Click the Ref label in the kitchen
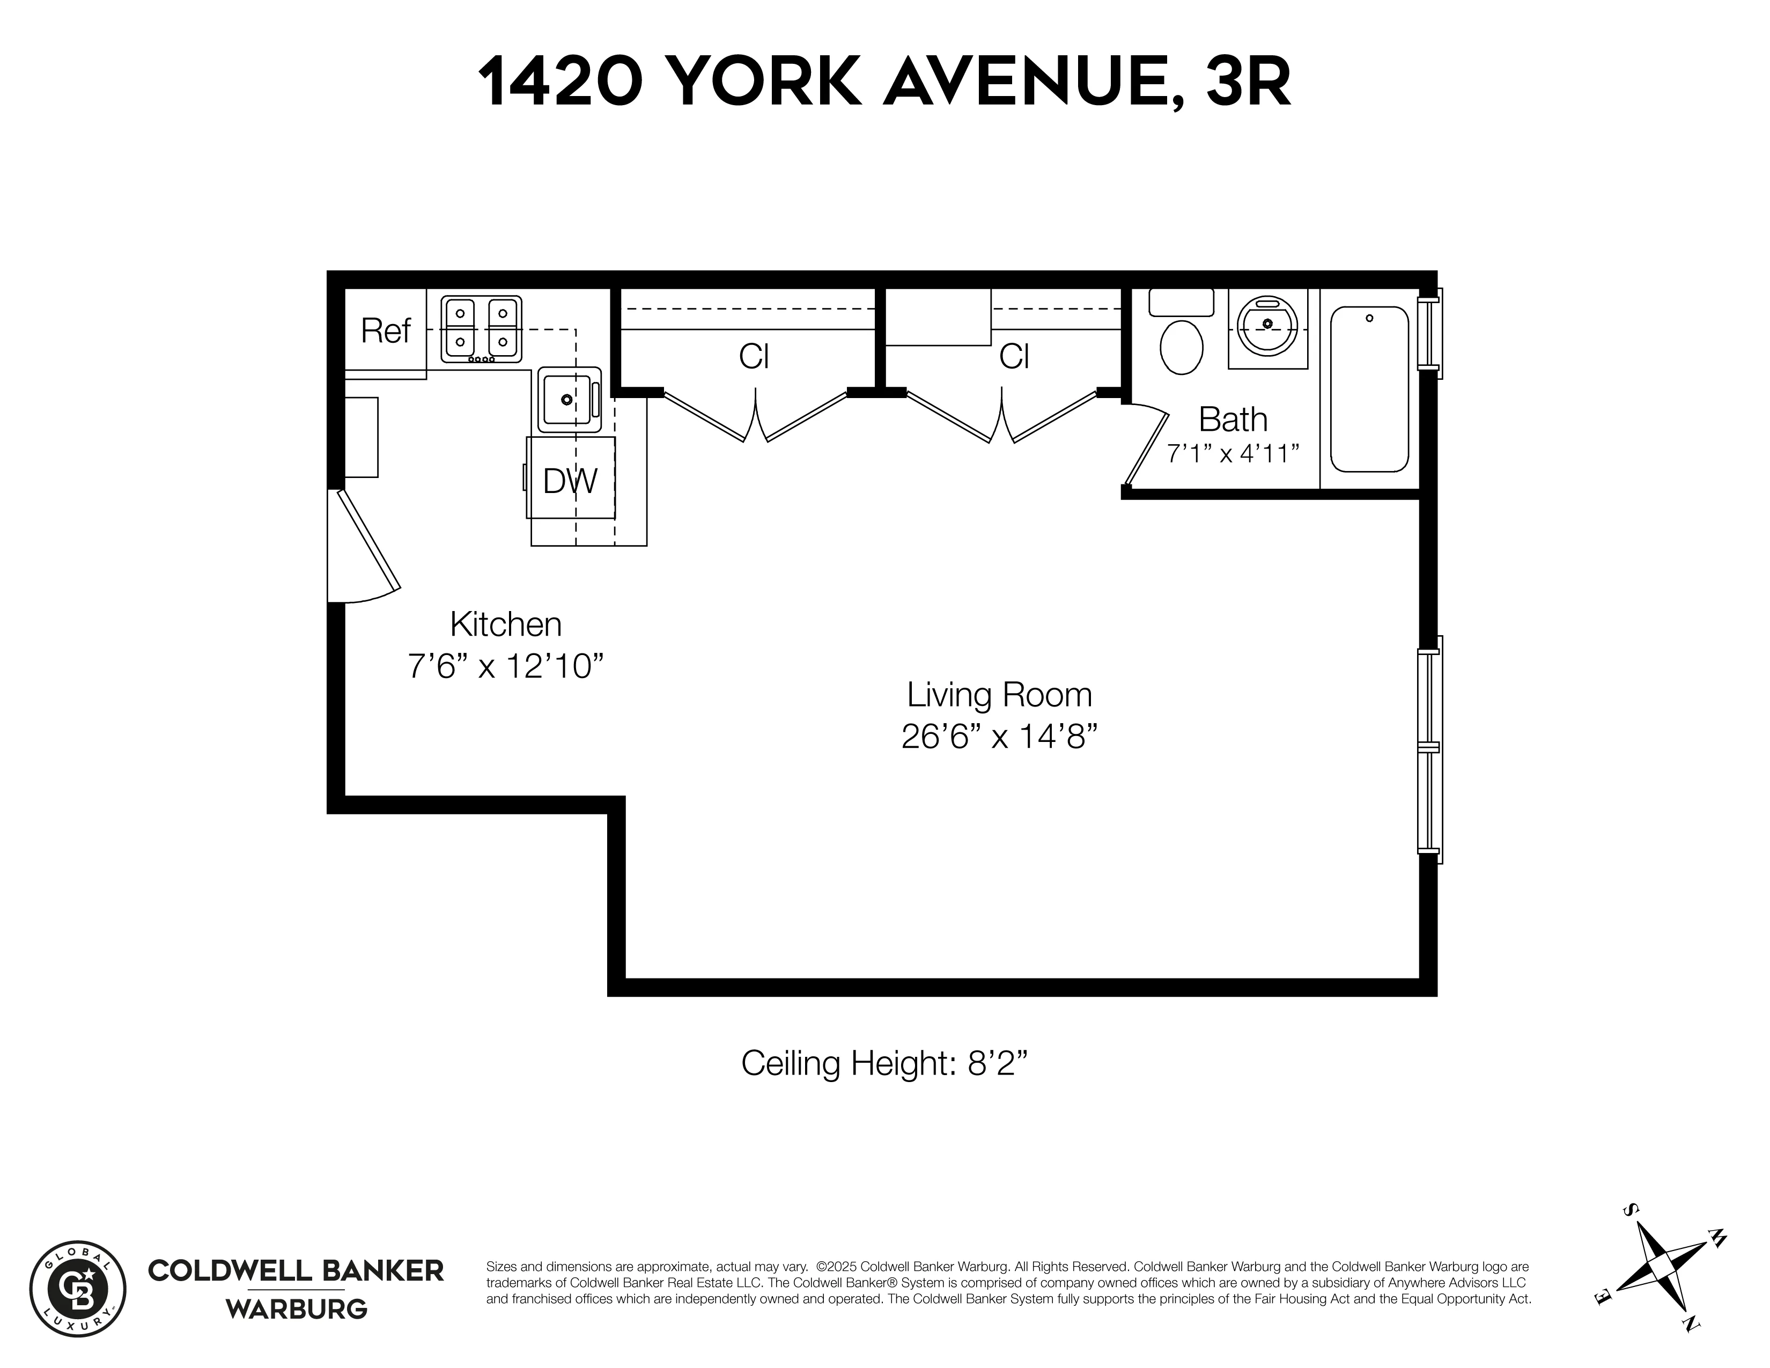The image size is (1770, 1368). (386, 332)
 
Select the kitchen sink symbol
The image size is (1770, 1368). (569, 400)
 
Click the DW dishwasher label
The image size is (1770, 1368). (570, 481)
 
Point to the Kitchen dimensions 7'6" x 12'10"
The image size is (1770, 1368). (506, 666)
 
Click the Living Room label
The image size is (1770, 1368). (999, 695)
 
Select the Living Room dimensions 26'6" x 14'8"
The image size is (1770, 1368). (999, 737)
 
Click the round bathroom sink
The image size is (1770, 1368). (1267, 326)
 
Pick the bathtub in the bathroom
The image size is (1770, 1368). (1369, 389)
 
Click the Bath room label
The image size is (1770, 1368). (1232, 419)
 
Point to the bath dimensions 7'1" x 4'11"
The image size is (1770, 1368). (1232, 453)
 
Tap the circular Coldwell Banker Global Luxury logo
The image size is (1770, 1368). (78, 1289)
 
